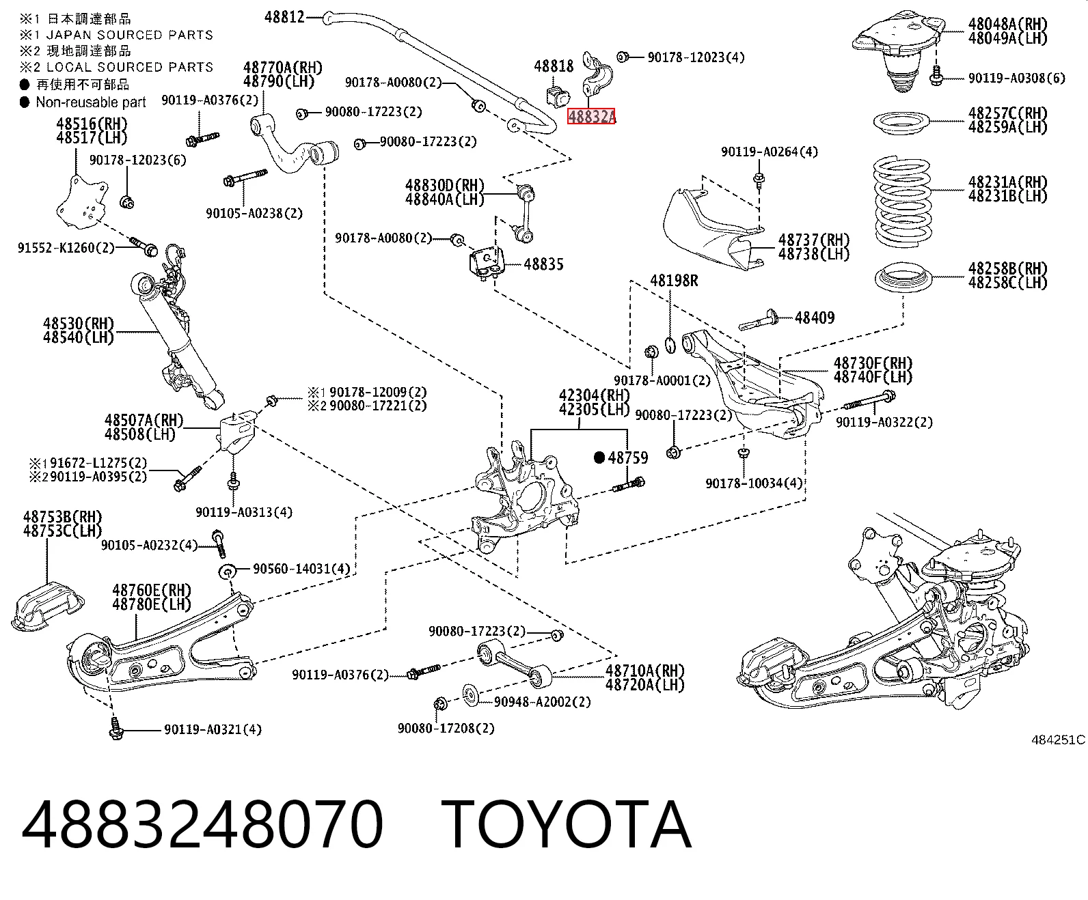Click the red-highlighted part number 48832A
point(591,116)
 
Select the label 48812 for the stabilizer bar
point(284,17)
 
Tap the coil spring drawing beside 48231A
point(902,201)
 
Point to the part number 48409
point(815,318)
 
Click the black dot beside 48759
point(599,458)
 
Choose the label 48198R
point(674,281)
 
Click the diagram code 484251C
point(1058,740)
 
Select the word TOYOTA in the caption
point(567,824)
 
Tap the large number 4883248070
point(202,824)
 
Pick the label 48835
point(543,264)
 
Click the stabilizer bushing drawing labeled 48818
point(557,96)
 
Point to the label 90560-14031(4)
point(301,568)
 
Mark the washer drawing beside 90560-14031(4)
point(227,572)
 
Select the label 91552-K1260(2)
point(66,247)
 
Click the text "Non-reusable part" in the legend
point(91,102)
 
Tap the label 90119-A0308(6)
point(1017,78)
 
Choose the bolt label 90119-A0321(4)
point(213,729)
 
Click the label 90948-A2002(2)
point(543,701)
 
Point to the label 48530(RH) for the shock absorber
point(78,324)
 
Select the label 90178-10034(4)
point(754,483)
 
